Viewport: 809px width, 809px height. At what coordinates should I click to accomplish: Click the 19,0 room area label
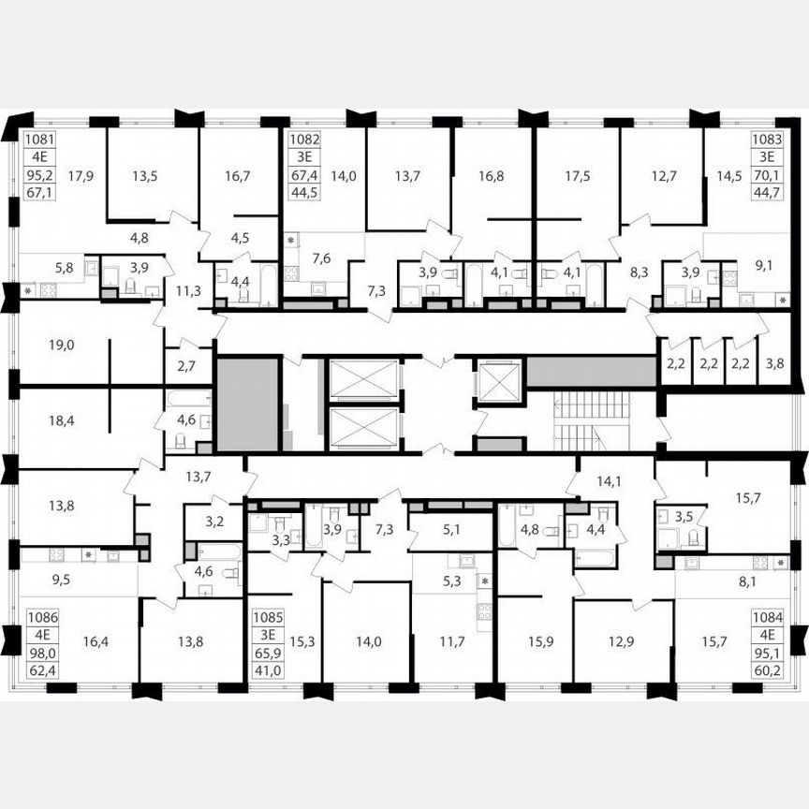pyautogui.click(x=62, y=345)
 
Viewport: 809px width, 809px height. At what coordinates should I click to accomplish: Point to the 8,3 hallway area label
pyautogui.click(x=639, y=273)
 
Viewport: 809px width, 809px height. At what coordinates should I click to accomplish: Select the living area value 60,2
pyautogui.click(x=768, y=670)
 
